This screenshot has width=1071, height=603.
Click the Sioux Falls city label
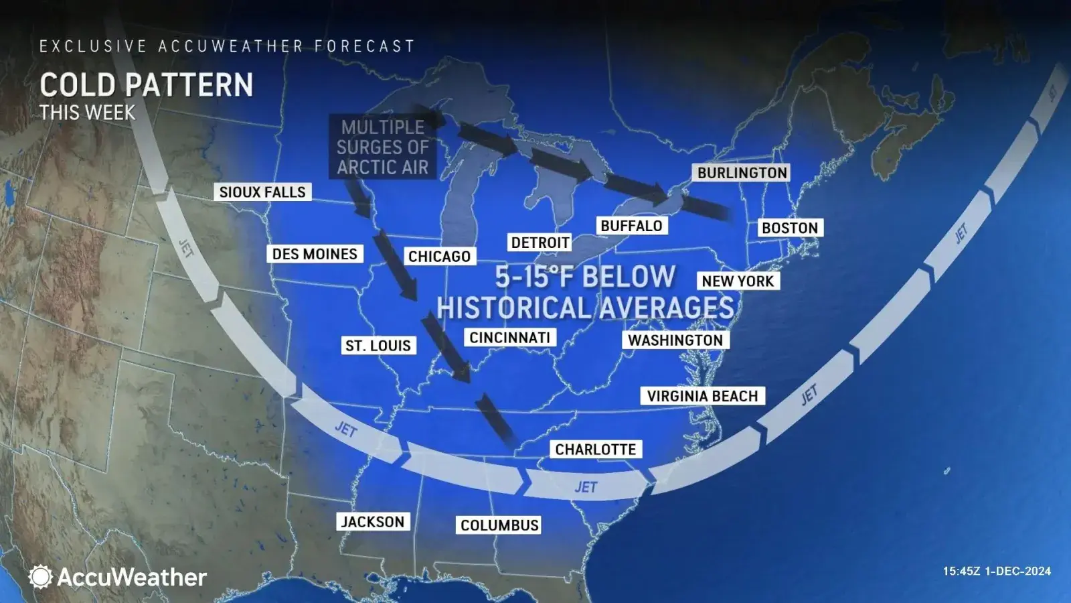pyautogui.click(x=262, y=192)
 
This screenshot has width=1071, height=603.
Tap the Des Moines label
pyautogui.click(x=315, y=254)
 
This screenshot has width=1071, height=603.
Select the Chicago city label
pyautogui.click(x=439, y=257)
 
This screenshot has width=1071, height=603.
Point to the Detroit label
pyautogui.click(x=540, y=243)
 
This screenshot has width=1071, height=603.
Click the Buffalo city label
pyautogui.click(x=631, y=226)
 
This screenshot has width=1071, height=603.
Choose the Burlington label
pyautogui.click(x=742, y=173)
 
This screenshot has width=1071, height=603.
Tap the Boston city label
pyautogui.click(x=790, y=228)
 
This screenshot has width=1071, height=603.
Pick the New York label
pyautogui.click(x=738, y=281)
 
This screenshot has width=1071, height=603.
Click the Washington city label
pyautogui.click(x=675, y=340)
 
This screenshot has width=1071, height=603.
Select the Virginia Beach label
pyautogui.click(x=702, y=396)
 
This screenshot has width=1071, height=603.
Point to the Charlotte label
pyautogui.click(x=596, y=449)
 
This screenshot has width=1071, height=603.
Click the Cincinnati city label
pyautogui.click(x=509, y=338)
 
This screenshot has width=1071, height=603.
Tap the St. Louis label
pyautogui.click(x=378, y=346)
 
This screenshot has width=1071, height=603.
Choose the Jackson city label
pyautogui.click(x=373, y=522)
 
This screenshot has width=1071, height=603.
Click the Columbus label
pyautogui.click(x=499, y=525)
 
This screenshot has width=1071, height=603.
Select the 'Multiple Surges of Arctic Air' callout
pyautogui.click(x=382, y=147)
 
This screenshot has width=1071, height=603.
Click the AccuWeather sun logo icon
pyautogui.click(x=40, y=577)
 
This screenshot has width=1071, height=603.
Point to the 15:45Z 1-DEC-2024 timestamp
pyautogui.click(x=997, y=572)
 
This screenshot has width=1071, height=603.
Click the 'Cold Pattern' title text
pyautogui.click(x=146, y=85)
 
